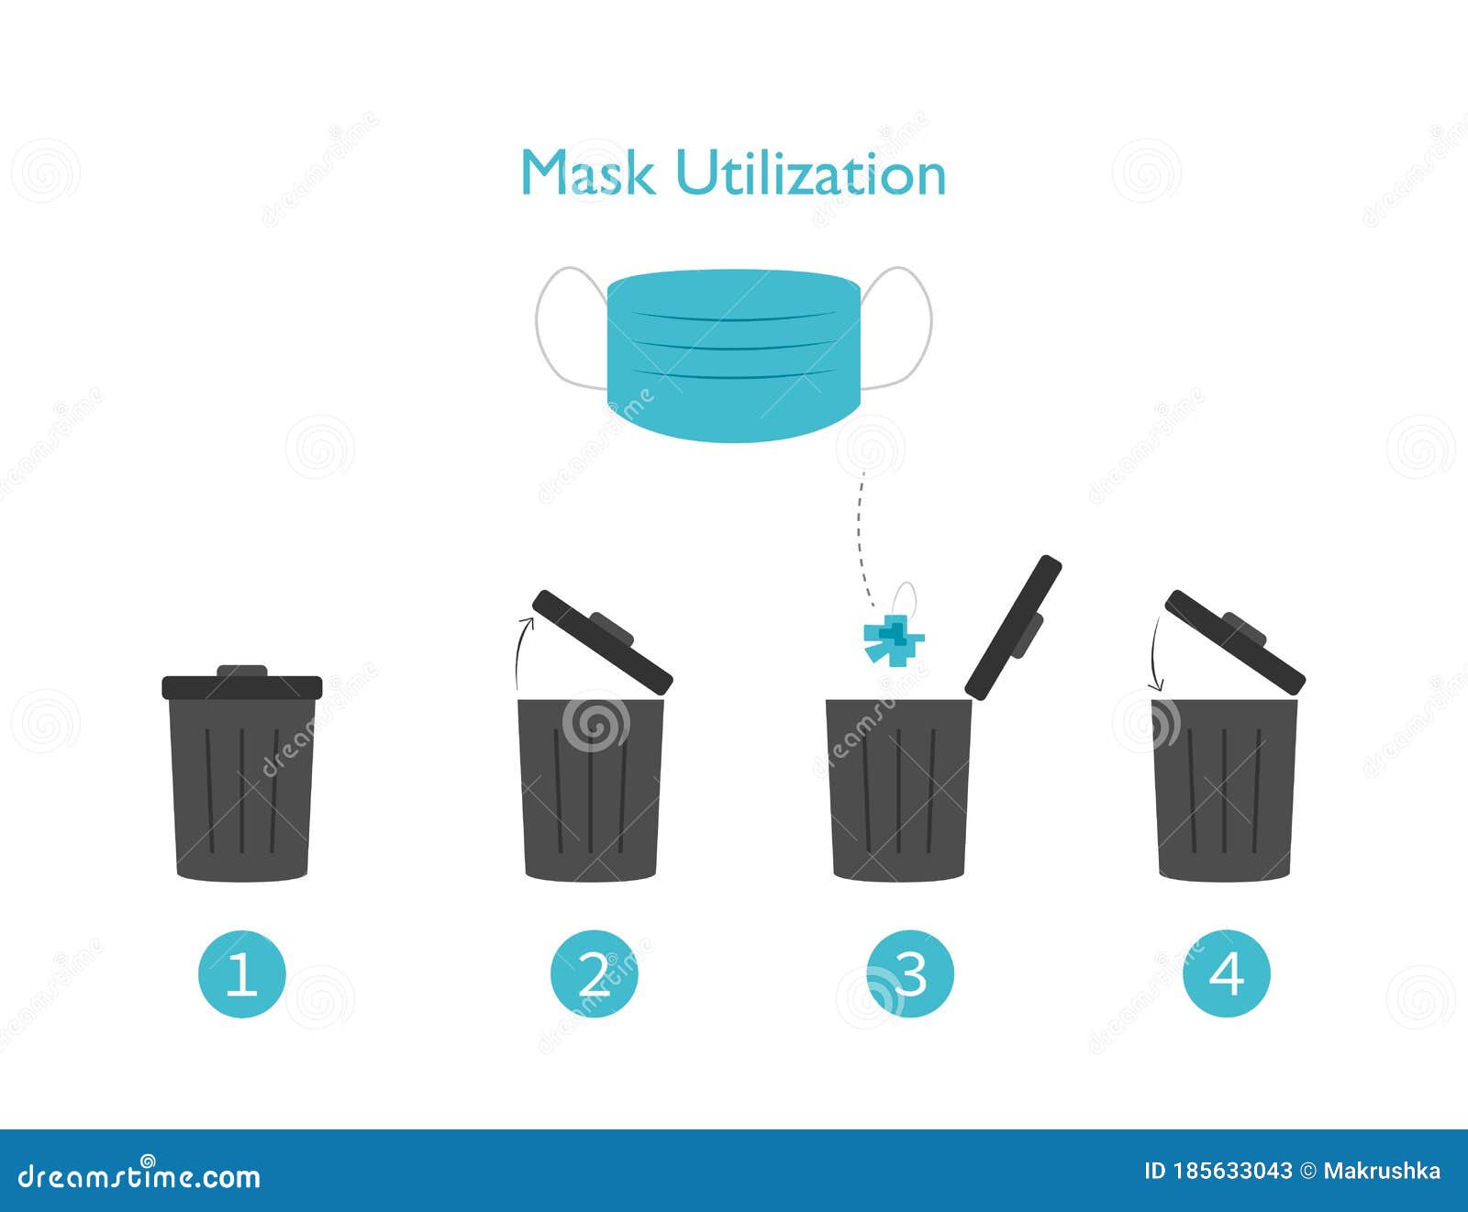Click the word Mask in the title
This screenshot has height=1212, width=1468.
[x=587, y=172]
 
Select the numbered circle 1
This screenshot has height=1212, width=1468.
[x=242, y=973]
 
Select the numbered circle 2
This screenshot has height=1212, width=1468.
[x=594, y=973]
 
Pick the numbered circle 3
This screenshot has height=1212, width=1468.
[x=910, y=973]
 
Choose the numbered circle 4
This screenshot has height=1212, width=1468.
[x=1227, y=973]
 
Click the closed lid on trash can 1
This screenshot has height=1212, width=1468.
[x=242, y=685]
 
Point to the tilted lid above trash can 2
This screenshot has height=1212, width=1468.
[x=603, y=640]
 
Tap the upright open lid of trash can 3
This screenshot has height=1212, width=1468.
[x=1014, y=627]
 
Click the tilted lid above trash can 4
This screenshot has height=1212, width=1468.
[x=1234, y=640]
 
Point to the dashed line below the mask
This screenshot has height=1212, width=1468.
[x=860, y=532]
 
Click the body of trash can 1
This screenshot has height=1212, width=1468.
[x=242, y=789]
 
